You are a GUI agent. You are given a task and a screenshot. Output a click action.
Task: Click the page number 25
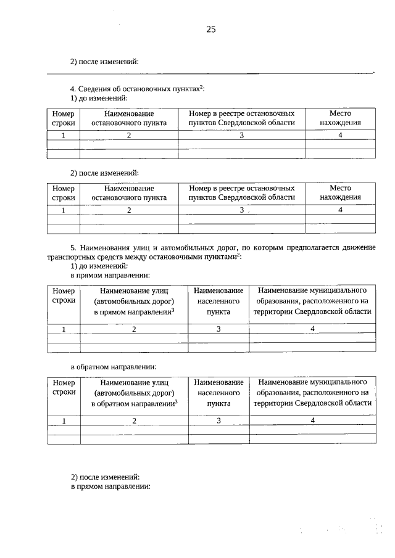211,29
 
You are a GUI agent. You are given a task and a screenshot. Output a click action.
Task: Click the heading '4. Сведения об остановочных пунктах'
137,89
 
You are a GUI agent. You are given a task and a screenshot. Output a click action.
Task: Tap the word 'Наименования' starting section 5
106,247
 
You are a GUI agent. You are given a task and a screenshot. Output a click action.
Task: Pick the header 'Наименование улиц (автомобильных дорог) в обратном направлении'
134,393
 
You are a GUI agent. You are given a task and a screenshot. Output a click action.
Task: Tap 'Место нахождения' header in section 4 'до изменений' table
340,118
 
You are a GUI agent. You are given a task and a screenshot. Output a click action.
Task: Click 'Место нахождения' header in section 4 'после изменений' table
340,192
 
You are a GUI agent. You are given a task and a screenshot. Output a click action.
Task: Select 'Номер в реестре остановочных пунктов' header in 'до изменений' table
241,118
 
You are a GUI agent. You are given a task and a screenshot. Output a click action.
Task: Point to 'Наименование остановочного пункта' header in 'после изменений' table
129,192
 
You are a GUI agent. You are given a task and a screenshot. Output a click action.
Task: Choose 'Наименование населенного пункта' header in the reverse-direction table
218,393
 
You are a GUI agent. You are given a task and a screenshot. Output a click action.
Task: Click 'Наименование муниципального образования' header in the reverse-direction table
312,393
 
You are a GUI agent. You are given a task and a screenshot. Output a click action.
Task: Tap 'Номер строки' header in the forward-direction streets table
64,295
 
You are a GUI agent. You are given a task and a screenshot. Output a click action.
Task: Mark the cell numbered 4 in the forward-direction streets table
312,329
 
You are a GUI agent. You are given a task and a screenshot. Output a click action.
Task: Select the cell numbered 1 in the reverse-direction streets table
64,421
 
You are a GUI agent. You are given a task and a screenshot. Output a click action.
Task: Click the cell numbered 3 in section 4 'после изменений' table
241,210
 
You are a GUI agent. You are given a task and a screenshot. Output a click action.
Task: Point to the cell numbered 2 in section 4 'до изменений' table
129,136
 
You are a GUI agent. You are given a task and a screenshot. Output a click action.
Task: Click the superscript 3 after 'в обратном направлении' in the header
176,401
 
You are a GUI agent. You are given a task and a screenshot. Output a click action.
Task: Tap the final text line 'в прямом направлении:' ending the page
110,486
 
